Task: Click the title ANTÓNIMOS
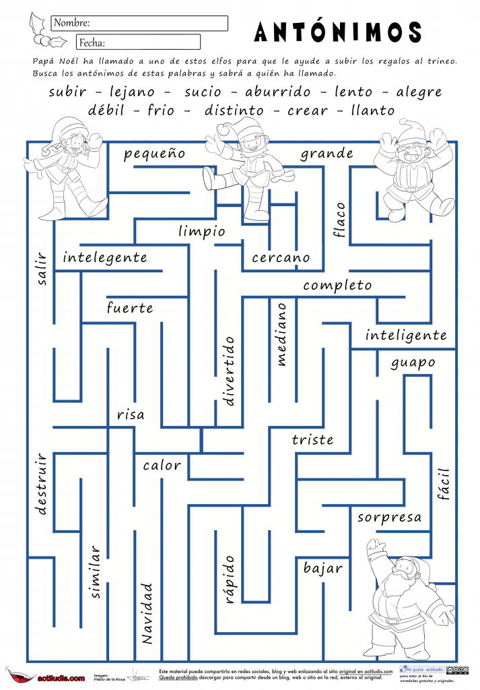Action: pos(339,32)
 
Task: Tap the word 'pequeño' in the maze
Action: pos(154,154)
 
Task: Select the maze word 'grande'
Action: pos(327,154)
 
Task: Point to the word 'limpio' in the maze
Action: pos(202,231)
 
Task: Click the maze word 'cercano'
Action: pos(281,257)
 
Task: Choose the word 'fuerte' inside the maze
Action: pos(130,309)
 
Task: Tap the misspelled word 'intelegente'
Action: pos(105,257)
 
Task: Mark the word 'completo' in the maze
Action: pos(337,286)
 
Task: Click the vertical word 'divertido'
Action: pos(230,371)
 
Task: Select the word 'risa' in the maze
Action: pos(131,414)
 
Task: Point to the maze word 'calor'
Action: pos(162,465)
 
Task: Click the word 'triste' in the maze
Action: pos(312,440)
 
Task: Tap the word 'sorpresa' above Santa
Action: pos(389,517)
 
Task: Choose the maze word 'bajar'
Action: pos(323,568)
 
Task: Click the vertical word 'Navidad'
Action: pos(147,613)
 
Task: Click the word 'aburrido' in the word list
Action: pos(278,92)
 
